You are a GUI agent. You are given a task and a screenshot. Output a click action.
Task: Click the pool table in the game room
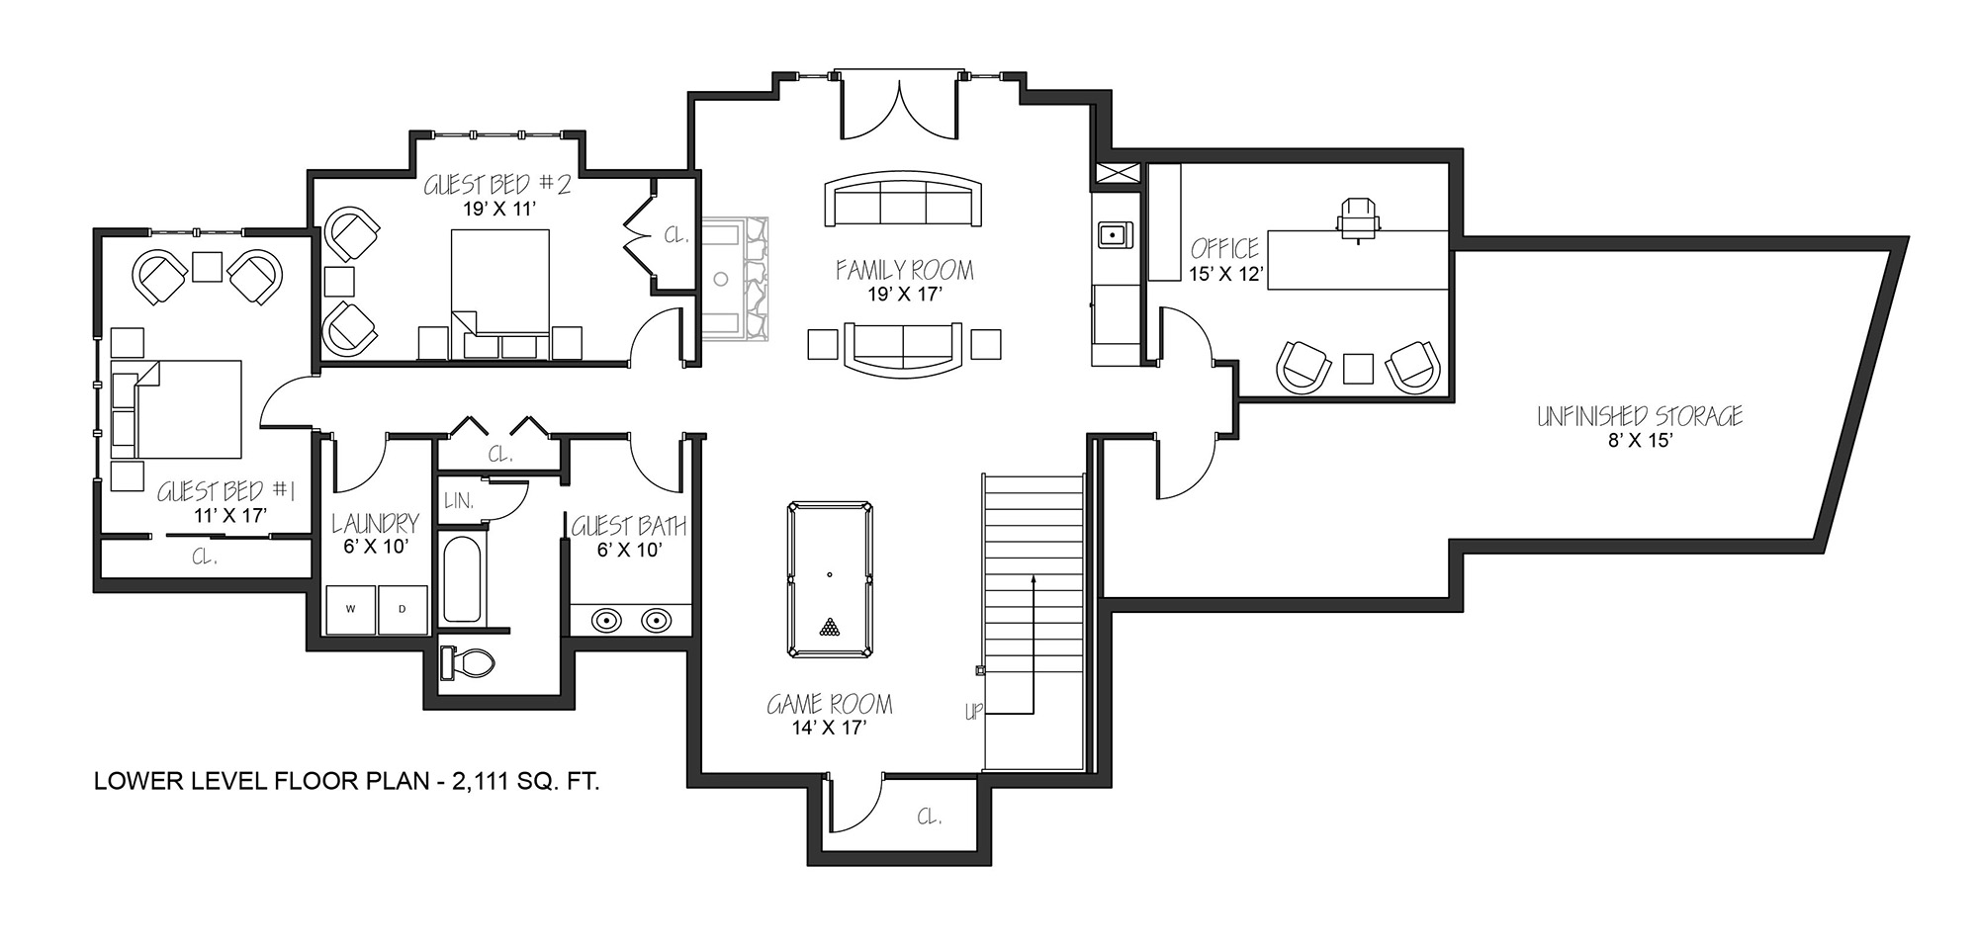pos(831,579)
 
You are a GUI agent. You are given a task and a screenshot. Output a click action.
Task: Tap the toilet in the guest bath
pos(468,661)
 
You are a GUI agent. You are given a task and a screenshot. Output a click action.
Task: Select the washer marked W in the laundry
pos(351,610)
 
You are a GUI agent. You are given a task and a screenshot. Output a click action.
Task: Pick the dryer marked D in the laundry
pos(404,610)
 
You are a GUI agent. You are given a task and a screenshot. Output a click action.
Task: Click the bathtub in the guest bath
pos(462,578)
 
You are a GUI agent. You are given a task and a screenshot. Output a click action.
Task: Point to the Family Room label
pos(904,270)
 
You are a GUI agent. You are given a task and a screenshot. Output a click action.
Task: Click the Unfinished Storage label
pos(1639,416)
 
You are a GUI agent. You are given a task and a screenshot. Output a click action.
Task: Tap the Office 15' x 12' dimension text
pos(1226,275)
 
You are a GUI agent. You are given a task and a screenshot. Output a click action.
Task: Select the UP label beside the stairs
pos(974,712)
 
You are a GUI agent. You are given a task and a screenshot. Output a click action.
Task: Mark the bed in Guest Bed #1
pos(178,408)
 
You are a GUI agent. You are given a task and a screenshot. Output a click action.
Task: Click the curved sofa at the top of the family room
pos(904,201)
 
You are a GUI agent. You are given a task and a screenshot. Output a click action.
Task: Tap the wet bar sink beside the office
pos(1115,234)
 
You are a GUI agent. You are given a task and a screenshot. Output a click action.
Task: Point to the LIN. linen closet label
pos(459,500)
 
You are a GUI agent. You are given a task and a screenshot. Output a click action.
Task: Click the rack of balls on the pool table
pos(830,627)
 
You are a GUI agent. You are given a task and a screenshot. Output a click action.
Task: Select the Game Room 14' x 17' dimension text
pos(830,728)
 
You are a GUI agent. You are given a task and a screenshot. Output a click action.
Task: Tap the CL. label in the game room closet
pos(929,817)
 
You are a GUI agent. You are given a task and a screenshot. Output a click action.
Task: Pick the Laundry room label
pos(376,523)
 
